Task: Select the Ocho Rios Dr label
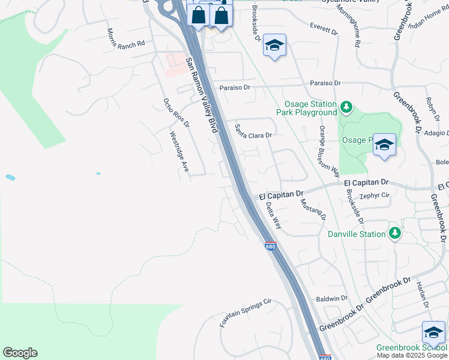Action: [176, 113]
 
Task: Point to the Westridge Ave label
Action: [179, 153]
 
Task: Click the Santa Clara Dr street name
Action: [253, 131]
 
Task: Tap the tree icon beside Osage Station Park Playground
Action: [346, 107]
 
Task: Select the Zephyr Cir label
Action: [375, 195]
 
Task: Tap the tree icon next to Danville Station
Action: [394, 233]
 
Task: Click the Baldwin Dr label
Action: [332, 298]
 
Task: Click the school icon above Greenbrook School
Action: [433, 333]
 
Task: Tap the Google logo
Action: [20, 353]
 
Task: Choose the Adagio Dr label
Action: [435, 134]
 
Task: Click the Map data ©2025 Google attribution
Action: [412, 355]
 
